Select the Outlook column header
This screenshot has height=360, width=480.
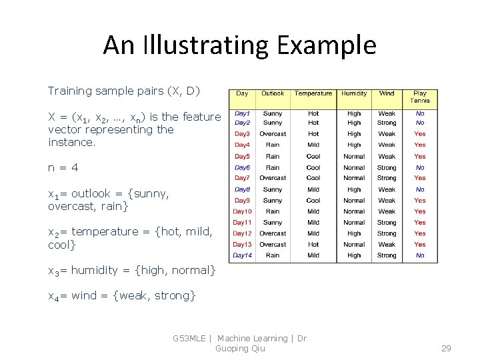[x=272, y=94]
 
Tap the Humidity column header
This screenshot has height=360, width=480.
[x=354, y=94]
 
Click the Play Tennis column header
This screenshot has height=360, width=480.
[x=420, y=97]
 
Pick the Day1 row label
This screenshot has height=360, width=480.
[x=242, y=113]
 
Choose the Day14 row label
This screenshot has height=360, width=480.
[x=242, y=255]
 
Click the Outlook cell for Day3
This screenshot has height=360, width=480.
[x=272, y=134]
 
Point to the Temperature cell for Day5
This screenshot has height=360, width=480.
[x=313, y=157]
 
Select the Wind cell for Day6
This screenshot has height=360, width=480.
[x=387, y=168]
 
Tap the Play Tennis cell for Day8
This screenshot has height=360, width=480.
[x=420, y=189]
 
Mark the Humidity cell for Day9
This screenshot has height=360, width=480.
[x=354, y=201]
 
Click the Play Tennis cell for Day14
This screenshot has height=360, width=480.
[x=420, y=255]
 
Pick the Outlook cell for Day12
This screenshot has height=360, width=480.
[x=272, y=234]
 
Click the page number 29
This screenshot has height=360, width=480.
[x=447, y=349]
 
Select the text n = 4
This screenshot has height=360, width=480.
[x=63, y=168]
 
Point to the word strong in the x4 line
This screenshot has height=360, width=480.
[x=172, y=295]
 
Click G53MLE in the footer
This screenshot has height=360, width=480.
[x=189, y=339]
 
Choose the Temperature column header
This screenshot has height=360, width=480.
[x=313, y=94]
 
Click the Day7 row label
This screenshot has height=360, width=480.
[x=242, y=178]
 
